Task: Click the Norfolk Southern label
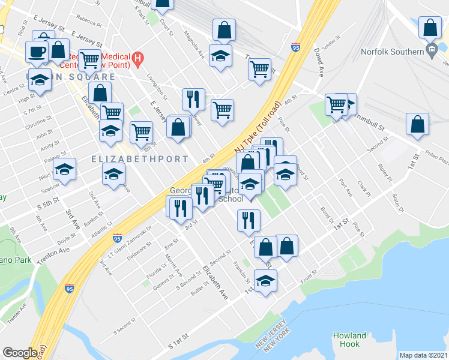[393, 52]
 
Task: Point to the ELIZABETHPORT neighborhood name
[140, 159]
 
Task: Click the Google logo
[20, 353]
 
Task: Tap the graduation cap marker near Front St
[265, 281]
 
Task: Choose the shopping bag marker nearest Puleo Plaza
[417, 124]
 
